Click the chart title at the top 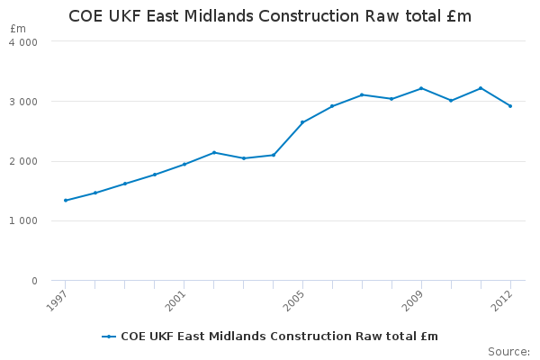270,17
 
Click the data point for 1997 66,200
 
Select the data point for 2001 184,164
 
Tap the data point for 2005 302,122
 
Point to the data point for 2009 421,88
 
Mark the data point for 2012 510,106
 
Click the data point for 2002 214,152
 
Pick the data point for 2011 481,88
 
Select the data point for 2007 362,94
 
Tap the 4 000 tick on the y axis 24,42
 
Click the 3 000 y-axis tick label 24,102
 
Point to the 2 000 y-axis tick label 24,162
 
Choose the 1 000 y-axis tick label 24,221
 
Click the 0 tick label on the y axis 34,282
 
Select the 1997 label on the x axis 56,298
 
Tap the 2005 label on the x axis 293,298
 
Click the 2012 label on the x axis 501,298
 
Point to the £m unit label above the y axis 18,29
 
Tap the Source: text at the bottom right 508,351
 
